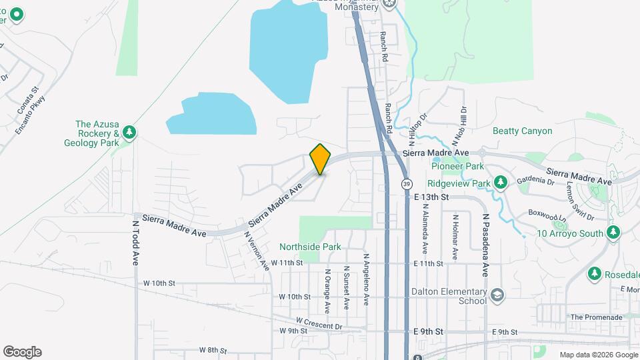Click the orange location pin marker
(320, 159)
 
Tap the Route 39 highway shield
(405, 183)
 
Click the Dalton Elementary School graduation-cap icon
(497, 295)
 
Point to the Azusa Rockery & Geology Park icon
(129, 133)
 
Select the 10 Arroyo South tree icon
(613, 233)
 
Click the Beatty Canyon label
(522, 131)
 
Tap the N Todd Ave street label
(135, 244)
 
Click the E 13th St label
(432, 197)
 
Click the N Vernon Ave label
(256, 251)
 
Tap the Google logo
(22, 352)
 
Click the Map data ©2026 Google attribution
(597, 354)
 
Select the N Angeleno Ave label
(366, 279)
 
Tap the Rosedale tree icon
(594, 274)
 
